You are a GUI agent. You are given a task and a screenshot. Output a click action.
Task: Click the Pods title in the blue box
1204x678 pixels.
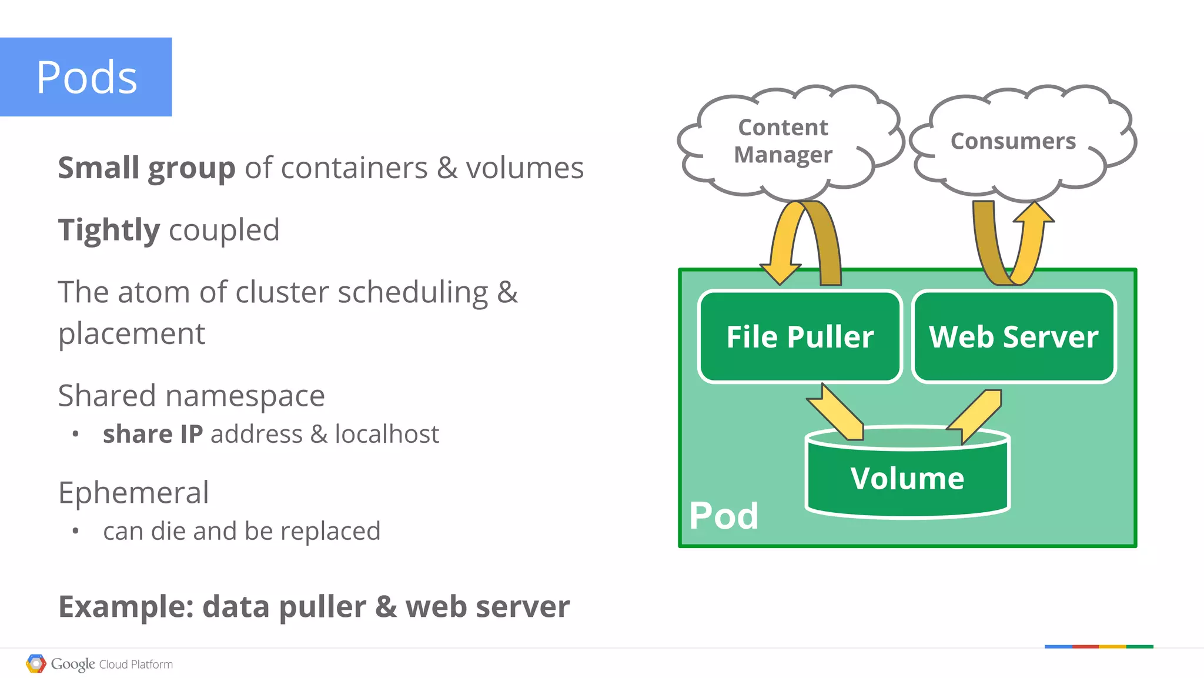point(86,78)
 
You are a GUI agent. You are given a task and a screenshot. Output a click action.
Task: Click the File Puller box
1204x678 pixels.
point(800,337)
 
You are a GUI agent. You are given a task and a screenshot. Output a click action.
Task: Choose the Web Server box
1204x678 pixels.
point(1014,337)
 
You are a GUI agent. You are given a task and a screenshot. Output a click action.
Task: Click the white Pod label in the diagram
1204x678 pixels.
point(724,516)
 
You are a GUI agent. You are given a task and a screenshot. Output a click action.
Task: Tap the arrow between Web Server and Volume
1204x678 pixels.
point(976,415)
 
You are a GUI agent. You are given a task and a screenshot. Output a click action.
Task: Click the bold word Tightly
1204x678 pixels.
point(109,230)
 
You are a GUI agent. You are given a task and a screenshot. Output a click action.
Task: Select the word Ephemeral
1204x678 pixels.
point(133,493)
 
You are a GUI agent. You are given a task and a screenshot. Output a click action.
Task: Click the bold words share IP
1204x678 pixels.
point(153,435)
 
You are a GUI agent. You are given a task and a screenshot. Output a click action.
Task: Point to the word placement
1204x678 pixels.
point(132,334)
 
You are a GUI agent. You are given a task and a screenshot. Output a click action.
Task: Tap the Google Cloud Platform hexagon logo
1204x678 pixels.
point(36,664)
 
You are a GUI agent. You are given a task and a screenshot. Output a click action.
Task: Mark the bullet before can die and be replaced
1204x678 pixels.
point(75,531)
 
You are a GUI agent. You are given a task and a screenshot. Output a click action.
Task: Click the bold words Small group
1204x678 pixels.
point(146,168)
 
